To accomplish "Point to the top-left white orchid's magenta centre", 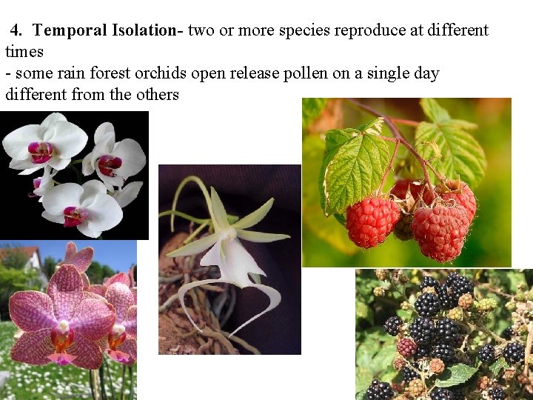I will point(41,152).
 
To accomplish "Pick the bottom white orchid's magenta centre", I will point(75,216).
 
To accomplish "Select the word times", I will point(24,52).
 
